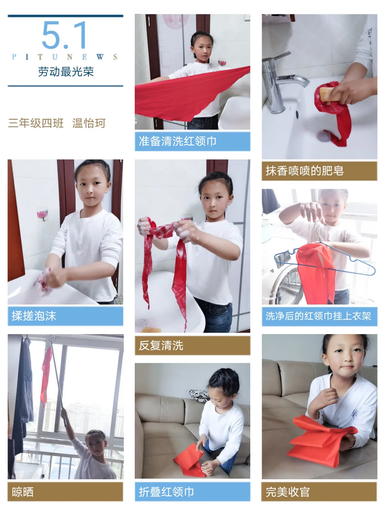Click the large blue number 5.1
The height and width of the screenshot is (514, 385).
(x=64, y=35)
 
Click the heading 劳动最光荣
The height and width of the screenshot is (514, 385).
(x=66, y=72)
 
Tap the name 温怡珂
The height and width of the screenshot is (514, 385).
(x=89, y=123)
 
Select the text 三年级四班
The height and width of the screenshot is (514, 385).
(x=36, y=123)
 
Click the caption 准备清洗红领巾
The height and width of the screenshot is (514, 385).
(x=178, y=141)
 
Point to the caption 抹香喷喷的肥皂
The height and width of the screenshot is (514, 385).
(x=304, y=171)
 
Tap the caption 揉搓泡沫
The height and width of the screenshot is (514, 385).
(x=34, y=316)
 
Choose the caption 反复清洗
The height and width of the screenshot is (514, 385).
(x=161, y=346)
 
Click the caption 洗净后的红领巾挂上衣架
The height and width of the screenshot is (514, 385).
(x=318, y=316)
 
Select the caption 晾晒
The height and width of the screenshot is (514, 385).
(x=23, y=492)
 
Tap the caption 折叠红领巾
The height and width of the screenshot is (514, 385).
(x=166, y=492)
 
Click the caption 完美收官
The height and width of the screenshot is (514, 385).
(x=288, y=492)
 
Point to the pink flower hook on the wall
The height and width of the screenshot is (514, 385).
(x=42, y=214)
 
